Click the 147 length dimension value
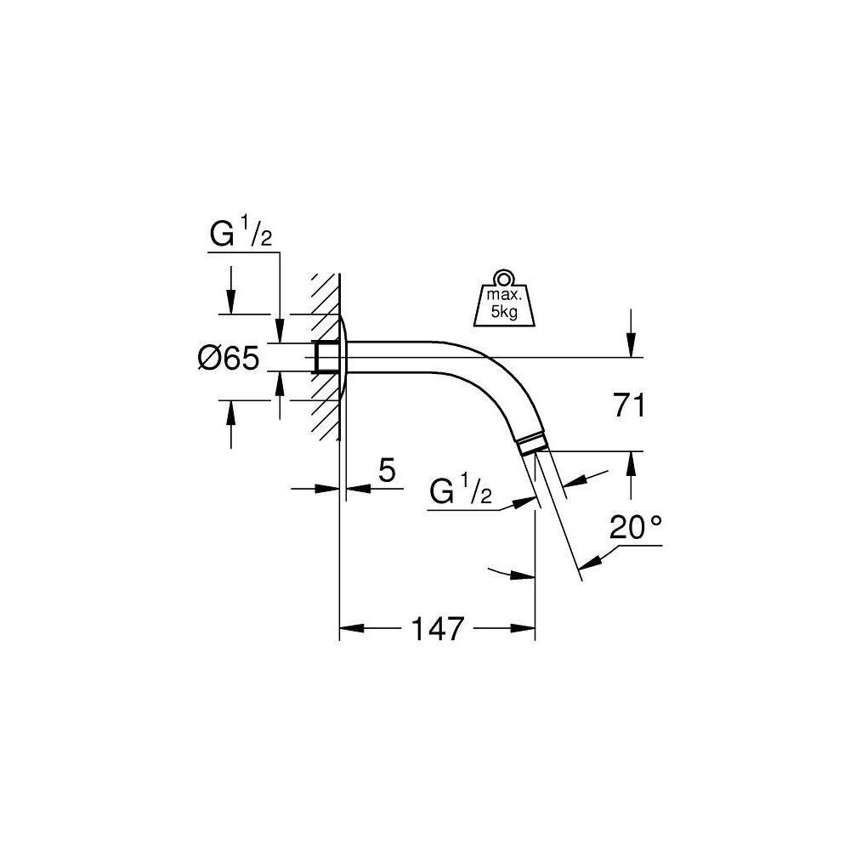[x=438, y=629]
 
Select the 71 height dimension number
[x=629, y=405]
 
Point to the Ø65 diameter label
[x=227, y=358]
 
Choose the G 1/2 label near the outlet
[x=463, y=490]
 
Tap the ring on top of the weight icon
[x=504, y=277]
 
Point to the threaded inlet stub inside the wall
[x=324, y=357]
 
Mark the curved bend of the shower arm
[x=493, y=374]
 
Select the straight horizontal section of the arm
[x=399, y=357]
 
